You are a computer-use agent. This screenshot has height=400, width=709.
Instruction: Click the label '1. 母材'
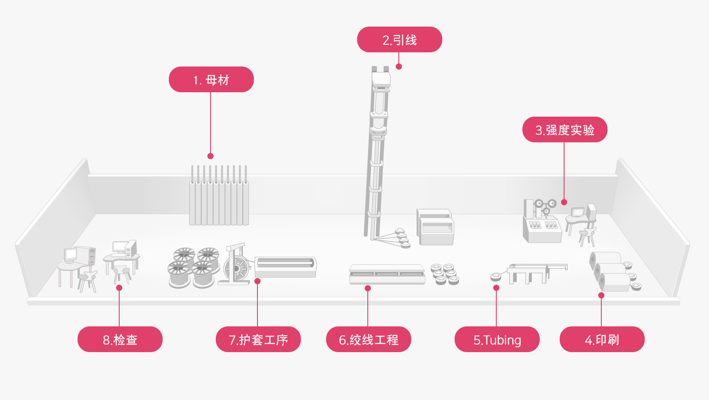pyautogui.click(x=211, y=80)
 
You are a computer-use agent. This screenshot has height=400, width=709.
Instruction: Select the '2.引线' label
pyautogui.click(x=399, y=40)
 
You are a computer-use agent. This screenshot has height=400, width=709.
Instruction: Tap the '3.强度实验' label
pyautogui.click(x=565, y=130)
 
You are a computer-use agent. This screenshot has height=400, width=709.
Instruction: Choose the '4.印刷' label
pyautogui.click(x=602, y=340)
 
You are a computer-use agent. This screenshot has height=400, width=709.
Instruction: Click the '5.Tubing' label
pyautogui.click(x=497, y=340)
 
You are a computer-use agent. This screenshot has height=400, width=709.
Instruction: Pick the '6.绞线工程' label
pyautogui.click(x=368, y=340)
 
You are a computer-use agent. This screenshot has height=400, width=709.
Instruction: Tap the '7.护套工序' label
pyautogui.click(x=258, y=340)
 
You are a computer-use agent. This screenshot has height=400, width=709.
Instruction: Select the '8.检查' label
pyautogui.click(x=120, y=340)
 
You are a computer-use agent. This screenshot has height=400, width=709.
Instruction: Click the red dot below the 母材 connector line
pyautogui.click(x=210, y=156)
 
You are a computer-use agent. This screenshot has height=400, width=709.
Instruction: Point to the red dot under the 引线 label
pyautogui.click(x=399, y=67)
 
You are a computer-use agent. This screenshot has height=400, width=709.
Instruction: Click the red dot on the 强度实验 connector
pyautogui.click(x=564, y=202)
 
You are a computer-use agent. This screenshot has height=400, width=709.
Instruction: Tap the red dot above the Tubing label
pyautogui.click(x=496, y=288)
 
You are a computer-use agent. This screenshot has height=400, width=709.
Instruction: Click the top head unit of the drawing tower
pyautogui.click(x=381, y=78)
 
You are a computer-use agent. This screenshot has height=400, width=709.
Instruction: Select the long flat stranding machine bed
pyautogui.click(x=386, y=274)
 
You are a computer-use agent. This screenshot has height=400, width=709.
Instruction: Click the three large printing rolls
pyautogui.click(x=611, y=271)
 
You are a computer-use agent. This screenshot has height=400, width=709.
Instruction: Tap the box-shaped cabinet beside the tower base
pyautogui.click(x=435, y=227)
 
